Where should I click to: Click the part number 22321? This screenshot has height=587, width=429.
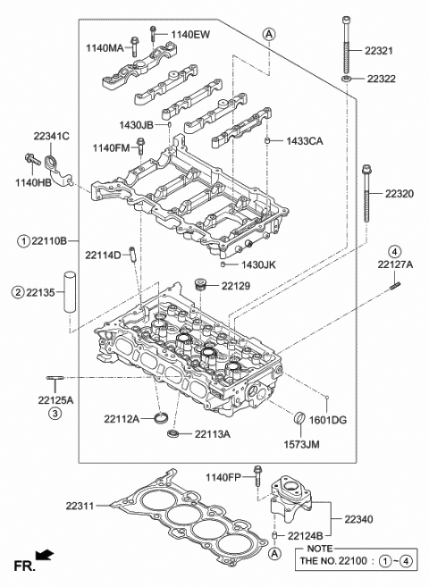pyautogui.click(x=391, y=53)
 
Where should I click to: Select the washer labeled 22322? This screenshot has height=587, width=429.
pyautogui.click(x=345, y=80)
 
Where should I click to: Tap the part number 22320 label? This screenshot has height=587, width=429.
pyautogui.click(x=400, y=194)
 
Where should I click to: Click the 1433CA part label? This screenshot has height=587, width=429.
pyautogui.click(x=304, y=141)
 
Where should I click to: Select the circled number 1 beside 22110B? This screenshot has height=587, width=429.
pyautogui.click(x=19, y=240)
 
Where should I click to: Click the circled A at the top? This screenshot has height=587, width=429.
pyautogui.click(x=267, y=34)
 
